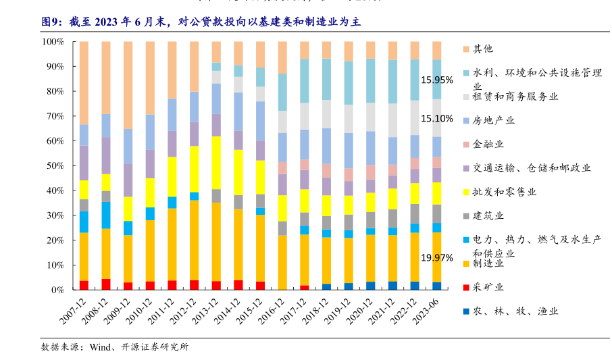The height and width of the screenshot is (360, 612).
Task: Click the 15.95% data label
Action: pyautogui.click(x=436, y=80)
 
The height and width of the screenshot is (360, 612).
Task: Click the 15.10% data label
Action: pyautogui.click(x=436, y=119)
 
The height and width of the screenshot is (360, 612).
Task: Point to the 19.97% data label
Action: pyautogui.click(x=436, y=258)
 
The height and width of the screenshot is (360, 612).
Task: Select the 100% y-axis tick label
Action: pyautogui.click(x=51, y=41)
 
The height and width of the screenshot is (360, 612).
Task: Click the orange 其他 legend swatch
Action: pyautogui.click(x=466, y=49)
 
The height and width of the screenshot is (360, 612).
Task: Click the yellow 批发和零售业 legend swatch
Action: pyautogui.click(x=466, y=192)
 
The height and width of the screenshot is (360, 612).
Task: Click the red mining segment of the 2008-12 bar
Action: pyautogui.click(x=106, y=284)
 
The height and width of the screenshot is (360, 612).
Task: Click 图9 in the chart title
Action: pyautogui.click(x=52, y=22)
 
